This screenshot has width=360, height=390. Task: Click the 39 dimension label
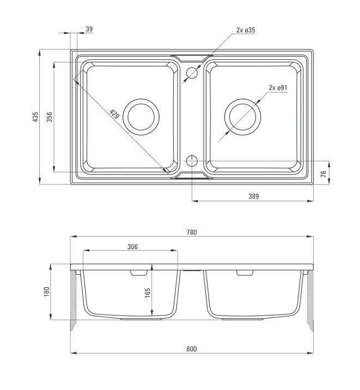tap(89, 29)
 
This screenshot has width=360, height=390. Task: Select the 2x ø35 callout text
tap(246, 30)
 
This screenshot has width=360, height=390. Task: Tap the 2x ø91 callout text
tap(278, 88)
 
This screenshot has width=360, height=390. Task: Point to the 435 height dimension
tap(35, 117)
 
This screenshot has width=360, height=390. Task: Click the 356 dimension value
tap(50, 117)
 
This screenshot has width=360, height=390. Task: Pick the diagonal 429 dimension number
tap(114, 114)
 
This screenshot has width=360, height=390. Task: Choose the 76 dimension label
tap(323, 174)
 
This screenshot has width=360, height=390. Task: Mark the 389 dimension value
tap(253, 196)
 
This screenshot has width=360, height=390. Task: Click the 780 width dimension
tap(192, 232)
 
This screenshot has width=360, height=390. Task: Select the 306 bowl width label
tap(132, 247)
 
